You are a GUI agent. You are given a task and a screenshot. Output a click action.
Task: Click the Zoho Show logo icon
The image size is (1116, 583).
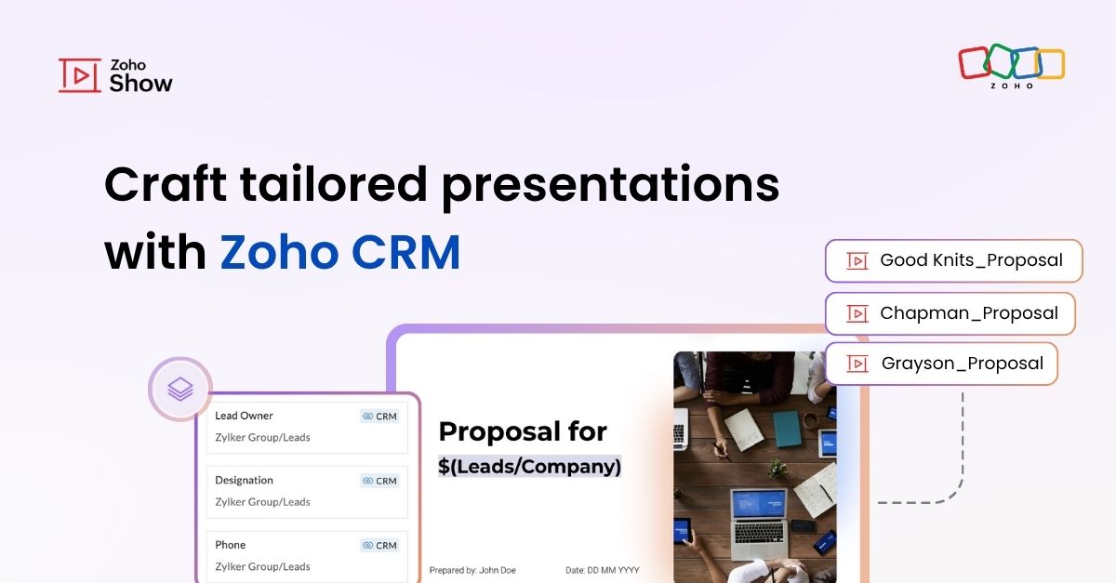point(80,75)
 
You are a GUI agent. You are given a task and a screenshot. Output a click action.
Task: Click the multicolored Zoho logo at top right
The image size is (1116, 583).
point(1011,64)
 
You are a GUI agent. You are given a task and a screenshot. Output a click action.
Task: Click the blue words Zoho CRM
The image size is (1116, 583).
point(340,252)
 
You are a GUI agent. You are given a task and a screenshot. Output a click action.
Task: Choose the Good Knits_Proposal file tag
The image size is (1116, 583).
point(953,260)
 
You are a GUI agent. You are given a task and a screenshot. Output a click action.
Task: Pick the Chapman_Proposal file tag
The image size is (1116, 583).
point(950,313)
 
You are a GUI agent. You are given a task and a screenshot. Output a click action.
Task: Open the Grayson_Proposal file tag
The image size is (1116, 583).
point(941,364)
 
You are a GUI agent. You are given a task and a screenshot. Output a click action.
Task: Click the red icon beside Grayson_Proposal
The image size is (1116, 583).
point(857,364)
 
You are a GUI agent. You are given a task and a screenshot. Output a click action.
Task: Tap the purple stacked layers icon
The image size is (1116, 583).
point(180,389)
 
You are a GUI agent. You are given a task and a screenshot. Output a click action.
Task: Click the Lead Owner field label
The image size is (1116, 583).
point(244,416)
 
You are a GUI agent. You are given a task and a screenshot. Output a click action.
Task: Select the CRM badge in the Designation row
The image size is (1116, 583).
point(379,481)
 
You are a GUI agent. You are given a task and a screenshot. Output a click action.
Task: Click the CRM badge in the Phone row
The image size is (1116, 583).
point(379,545)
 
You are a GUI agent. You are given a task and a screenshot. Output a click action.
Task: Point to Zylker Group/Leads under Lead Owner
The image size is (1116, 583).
point(262,437)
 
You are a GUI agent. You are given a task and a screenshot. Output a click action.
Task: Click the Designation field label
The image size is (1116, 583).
point(244,481)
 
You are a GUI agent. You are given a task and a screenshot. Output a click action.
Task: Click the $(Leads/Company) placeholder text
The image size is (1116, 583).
point(529,467)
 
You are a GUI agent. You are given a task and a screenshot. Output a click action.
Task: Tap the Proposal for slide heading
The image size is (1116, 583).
point(523,431)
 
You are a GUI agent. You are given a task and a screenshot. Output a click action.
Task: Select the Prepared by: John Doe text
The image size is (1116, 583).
point(472,570)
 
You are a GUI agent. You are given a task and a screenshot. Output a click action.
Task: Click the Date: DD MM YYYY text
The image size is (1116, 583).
point(602,570)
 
